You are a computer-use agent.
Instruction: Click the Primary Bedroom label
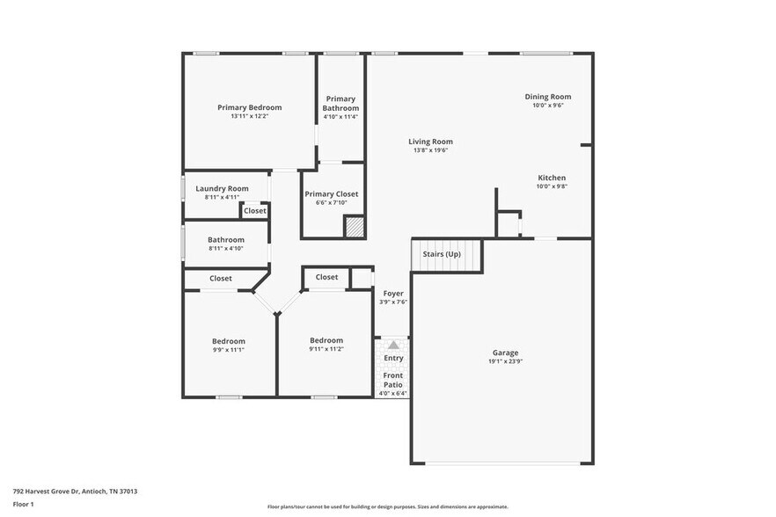coord(250,107)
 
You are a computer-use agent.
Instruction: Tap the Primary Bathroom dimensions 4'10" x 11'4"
coord(340,116)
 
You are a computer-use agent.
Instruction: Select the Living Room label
coord(430,141)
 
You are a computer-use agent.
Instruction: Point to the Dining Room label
coord(547,97)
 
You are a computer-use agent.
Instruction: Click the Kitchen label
coord(551,178)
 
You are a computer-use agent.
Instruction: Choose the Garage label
coord(505,353)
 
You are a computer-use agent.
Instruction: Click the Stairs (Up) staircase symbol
coord(448,255)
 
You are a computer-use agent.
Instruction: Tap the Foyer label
coord(392,293)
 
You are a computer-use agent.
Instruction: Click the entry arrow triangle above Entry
coord(393,346)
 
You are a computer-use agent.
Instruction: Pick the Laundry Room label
coord(222,188)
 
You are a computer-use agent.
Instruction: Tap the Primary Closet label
coord(331,193)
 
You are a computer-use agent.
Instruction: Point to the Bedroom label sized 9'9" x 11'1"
coord(229,341)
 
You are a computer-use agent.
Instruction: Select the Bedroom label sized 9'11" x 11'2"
coord(326,340)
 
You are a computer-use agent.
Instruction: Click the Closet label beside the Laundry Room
coord(255,210)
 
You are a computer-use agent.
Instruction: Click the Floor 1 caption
coord(24,504)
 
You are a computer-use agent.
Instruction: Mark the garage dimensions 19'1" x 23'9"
coord(505,361)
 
